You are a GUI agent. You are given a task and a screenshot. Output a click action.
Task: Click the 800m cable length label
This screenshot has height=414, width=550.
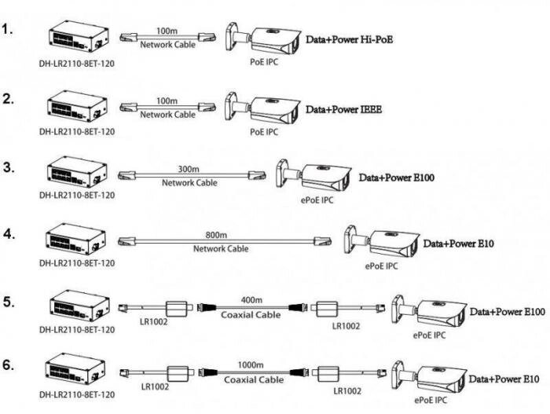(215, 236)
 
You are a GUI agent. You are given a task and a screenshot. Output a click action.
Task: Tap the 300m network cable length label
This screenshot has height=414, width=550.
(189, 169)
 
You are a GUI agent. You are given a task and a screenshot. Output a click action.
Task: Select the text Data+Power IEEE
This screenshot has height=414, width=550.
(343, 110)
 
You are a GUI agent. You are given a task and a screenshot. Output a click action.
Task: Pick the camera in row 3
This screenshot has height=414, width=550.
(314, 178)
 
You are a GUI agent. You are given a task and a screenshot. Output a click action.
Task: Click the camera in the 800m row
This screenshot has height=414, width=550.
(383, 244)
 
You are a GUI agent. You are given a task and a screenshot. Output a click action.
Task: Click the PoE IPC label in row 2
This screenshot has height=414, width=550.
(264, 132)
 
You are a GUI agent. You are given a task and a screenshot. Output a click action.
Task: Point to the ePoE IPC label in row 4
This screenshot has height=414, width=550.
(381, 266)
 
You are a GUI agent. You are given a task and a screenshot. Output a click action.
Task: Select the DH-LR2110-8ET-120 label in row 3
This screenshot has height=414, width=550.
(77, 196)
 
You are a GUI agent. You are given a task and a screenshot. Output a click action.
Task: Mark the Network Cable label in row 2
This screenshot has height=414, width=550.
(167, 115)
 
